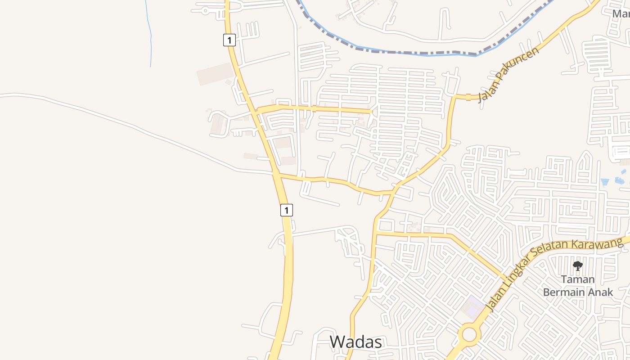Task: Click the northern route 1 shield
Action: pyautogui.click(x=229, y=40)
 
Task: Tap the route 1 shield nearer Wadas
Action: pyautogui.click(x=287, y=210)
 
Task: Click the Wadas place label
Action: pyautogui.click(x=356, y=342)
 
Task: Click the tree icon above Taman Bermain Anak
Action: pyautogui.click(x=577, y=265)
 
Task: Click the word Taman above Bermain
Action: pyautogui.click(x=578, y=279)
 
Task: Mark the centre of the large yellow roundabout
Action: pyautogui.click(x=469, y=335)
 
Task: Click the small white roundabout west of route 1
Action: pyautogui.click(x=205, y=10)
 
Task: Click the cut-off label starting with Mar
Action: pyautogui.click(x=621, y=13)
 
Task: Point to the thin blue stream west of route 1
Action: pyautogui.click(x=150, y=36)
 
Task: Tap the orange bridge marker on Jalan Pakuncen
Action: pyautogui.click(x=468, y=97)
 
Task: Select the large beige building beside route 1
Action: pyautogui.click(x=215, y=74)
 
